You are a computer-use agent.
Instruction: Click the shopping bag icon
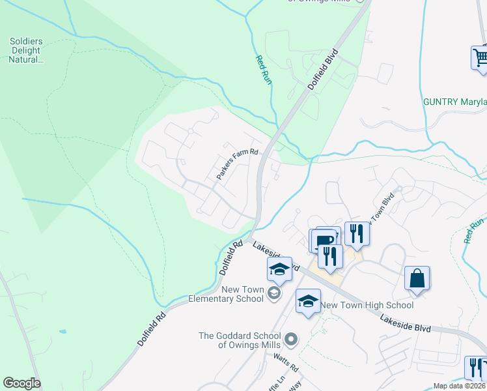417,278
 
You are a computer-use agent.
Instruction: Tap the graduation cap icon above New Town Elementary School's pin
279,268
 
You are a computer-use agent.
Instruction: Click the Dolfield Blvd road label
324,69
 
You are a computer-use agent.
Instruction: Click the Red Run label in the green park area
263,69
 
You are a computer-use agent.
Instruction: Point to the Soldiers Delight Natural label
25,50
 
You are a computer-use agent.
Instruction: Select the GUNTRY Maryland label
454,102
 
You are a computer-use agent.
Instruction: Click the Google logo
21,383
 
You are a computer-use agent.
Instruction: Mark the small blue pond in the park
62,332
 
